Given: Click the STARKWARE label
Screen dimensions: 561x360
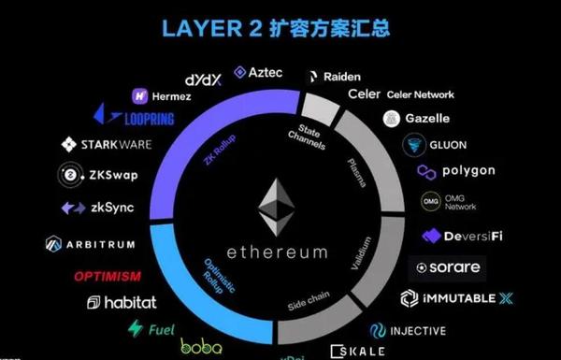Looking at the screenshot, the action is click(106, 145).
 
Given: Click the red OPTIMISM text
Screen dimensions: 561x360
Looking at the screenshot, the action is click(108, 277).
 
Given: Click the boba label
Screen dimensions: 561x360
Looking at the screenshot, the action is click(201, 347).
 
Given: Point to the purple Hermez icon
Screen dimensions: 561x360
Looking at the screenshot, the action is click(141, 94).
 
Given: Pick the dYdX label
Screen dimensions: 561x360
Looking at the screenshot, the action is click(204, 79).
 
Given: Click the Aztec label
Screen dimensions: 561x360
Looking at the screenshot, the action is click(258, 72).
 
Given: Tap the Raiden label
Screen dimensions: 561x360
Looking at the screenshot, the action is click(334, 77).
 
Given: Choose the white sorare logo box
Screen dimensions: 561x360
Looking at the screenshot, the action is click(447, 267).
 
